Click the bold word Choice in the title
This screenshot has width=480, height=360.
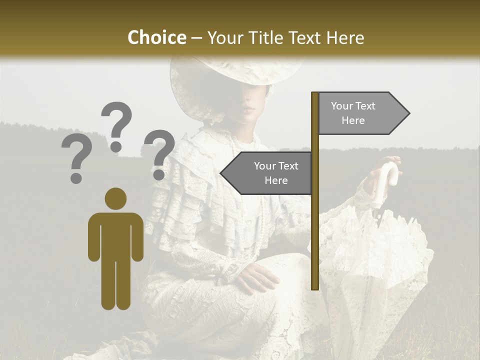click(156, 37)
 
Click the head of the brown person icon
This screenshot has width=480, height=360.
click(115, 198)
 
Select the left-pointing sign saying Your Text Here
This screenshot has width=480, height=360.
click(267, 173)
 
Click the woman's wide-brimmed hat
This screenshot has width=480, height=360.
click(235, 75)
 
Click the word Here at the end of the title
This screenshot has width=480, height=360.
click(345, 37)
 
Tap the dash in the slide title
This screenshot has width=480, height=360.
click(196, 38)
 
